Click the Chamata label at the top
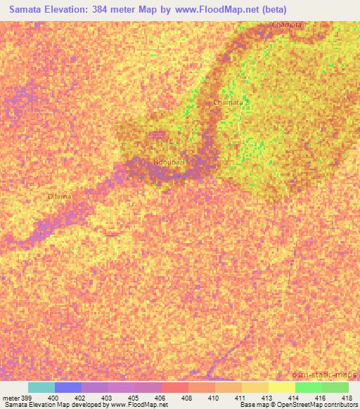pos(287,25)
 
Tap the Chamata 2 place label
pos(231,103)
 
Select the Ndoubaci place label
pos(169,162)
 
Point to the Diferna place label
pos(59,196)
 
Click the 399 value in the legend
pos(23,397)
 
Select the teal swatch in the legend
pos(41,387)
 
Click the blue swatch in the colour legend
pos(68,387)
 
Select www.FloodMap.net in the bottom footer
pos(134,405)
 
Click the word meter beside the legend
pos(11,397)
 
